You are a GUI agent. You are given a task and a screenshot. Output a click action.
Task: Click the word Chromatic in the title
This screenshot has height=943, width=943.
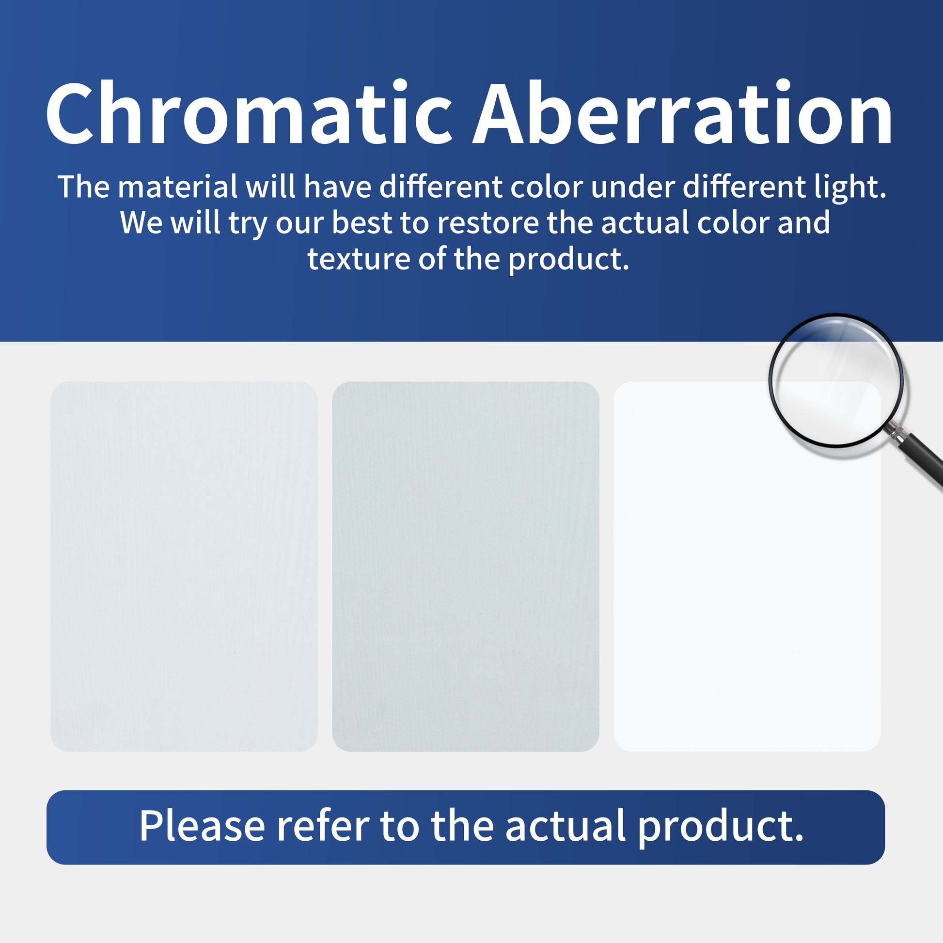250,113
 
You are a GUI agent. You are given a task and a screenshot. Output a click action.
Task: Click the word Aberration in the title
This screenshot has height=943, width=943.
683,113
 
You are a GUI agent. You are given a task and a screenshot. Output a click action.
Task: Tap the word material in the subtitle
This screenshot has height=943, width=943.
177,187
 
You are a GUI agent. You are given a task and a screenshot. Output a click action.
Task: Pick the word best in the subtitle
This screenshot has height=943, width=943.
361,222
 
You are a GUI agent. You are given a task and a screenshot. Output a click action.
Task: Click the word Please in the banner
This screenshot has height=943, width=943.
202,825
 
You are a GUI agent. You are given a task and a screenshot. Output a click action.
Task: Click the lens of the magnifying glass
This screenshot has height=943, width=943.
835,380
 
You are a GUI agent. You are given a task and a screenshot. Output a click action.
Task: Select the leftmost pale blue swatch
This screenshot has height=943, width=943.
184,566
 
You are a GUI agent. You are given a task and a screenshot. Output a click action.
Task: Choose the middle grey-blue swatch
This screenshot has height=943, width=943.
466,566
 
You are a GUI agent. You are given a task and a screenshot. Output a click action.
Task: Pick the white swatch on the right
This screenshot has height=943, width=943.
747,566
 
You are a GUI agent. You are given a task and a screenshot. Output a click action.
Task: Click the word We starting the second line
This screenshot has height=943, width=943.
141,222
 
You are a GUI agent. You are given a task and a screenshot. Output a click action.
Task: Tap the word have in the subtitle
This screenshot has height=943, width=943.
337,187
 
